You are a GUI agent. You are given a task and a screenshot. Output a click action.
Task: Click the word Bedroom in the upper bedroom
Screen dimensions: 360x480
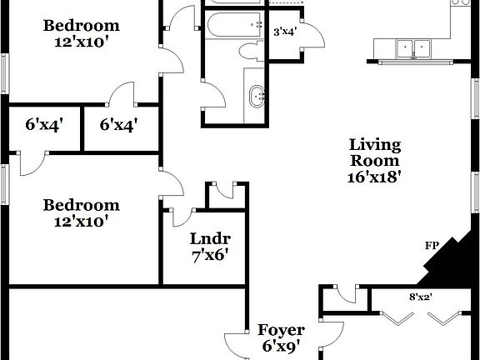click(82, 25)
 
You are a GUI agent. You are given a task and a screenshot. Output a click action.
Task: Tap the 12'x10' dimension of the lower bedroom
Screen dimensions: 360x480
click(82, 222)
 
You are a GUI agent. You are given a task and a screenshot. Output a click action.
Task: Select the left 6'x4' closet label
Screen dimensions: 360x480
click(44, 125)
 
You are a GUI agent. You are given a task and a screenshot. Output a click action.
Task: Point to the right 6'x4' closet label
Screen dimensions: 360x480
click(118, 125)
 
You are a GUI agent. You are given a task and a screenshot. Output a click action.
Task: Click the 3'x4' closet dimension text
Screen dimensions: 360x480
click(285, 32)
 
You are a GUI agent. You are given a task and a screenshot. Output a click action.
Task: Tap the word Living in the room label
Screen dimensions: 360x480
click(375, 145)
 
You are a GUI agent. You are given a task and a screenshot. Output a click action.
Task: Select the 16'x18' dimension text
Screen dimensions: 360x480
click(375, 177)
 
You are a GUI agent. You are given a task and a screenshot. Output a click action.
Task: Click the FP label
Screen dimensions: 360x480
click(432, 246)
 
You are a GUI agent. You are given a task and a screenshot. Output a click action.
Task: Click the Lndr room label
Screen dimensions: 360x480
click(205, 237)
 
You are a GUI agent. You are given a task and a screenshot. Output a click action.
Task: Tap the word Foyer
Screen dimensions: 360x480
click(280, 330)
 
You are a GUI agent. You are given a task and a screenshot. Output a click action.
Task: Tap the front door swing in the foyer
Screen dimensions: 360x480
click(235, 345)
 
